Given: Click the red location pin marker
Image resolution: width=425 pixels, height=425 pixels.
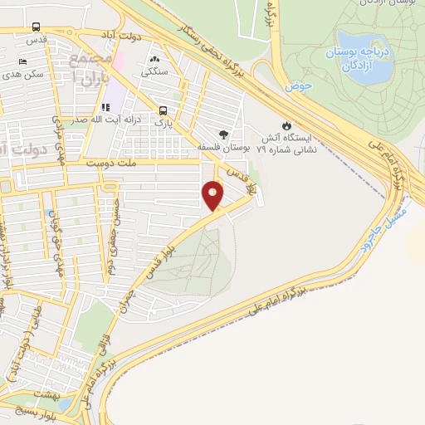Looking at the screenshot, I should tap(213, 194).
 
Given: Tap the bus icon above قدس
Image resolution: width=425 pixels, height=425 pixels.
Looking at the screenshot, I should tap(35, 27).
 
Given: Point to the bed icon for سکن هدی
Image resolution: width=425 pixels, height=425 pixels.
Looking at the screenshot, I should tap(22, 61).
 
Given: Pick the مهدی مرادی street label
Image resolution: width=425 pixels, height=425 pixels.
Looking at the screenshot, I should tap(38, 154).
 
